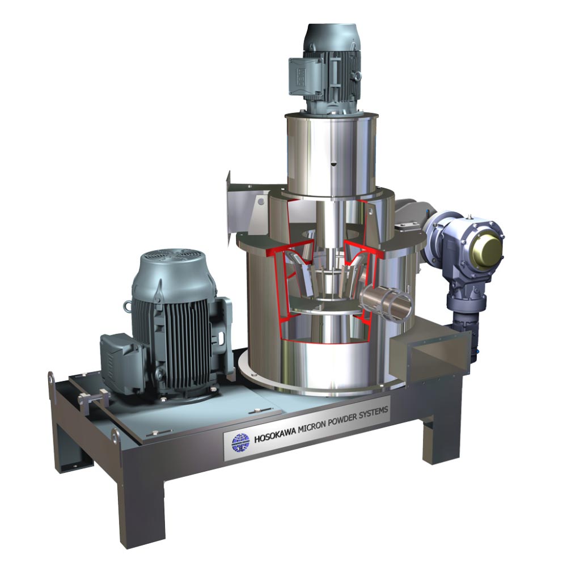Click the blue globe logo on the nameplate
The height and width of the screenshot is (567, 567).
[x=240, y=442]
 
